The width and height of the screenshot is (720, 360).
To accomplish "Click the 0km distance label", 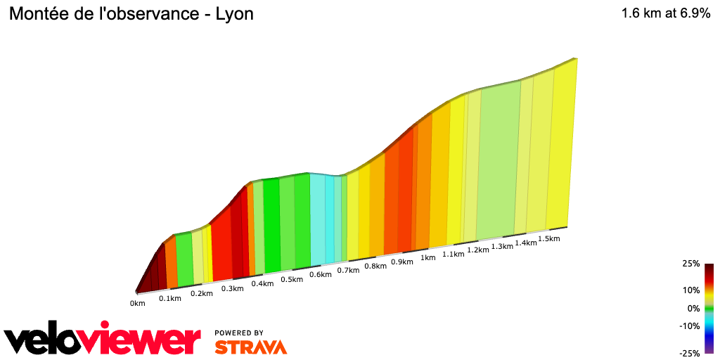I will pos(137,304).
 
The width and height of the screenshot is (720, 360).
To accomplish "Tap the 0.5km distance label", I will pos(291,279).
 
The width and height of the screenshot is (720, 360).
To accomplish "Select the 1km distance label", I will pos(427,258).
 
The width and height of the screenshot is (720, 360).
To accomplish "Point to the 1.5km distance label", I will pos(548,238).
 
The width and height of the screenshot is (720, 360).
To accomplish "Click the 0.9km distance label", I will pos(401,262).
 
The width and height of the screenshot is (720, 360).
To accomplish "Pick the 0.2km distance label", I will pos(201,293).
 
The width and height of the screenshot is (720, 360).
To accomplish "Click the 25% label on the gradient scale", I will pos(690,264).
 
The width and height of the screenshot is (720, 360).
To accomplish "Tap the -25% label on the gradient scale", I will pos(690,354).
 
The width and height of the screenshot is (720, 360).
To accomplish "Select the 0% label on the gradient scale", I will pos(693,308).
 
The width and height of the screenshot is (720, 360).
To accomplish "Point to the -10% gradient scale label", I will pos(690,326).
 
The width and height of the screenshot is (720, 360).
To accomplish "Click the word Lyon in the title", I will pos(235,14).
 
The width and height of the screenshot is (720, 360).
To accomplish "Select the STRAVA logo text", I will pos(250,347).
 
